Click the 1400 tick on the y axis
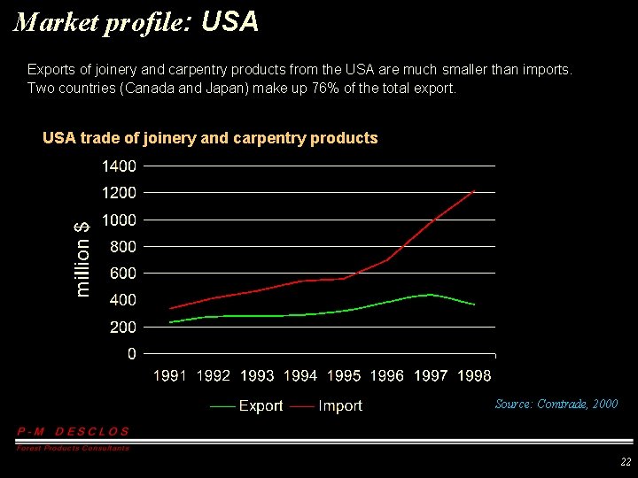(x=119, y=166)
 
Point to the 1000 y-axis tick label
(x=119, y=220)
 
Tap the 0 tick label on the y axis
(x=131, y=354)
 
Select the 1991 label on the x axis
(x=170, y=376)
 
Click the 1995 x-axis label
(x=344, y=376)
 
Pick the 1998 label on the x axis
(x=474, y=376)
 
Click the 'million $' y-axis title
(x=82, y=258)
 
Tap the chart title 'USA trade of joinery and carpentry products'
(x=210, y=138)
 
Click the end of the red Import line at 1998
(x=475, y=191)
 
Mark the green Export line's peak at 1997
(x=431, y=295)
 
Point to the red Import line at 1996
(x=387, y=259)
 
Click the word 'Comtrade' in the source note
(x=563, y=404)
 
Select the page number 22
(x=626, y=462)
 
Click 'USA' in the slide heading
(x=230, y=22)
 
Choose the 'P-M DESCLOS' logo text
(x=74, y=431)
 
